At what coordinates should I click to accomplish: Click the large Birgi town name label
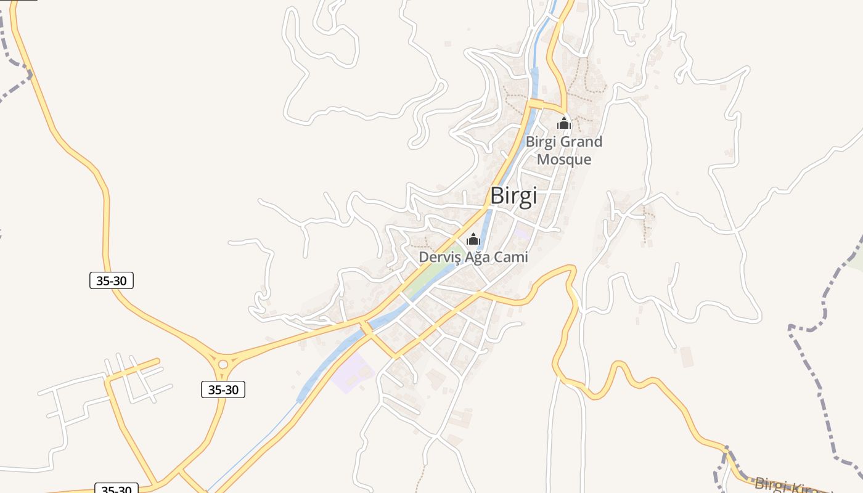click(x=513, y=195)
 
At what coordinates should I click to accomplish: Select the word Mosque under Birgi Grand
click(x=564, y=160)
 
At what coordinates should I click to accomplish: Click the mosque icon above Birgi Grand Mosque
click(x=564, y=123)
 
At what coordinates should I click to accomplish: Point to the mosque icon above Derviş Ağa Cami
click(x=473, y=239)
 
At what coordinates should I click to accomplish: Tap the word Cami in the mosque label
click(x=511, y=257)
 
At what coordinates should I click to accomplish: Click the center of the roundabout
click(x=223, y=364)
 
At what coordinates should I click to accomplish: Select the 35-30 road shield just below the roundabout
click(x=223, y=389)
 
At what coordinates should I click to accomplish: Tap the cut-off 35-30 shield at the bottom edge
click(x=117, y=489)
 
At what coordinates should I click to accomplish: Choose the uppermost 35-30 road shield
click(x=112, y=280)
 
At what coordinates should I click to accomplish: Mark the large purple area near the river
click(x=348, y=373)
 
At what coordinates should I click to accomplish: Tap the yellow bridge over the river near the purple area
click(x=366, y=328)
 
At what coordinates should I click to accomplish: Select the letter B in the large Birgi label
click(x=497, y=195)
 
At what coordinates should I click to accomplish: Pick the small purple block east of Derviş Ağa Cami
click(x=522, y=234)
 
